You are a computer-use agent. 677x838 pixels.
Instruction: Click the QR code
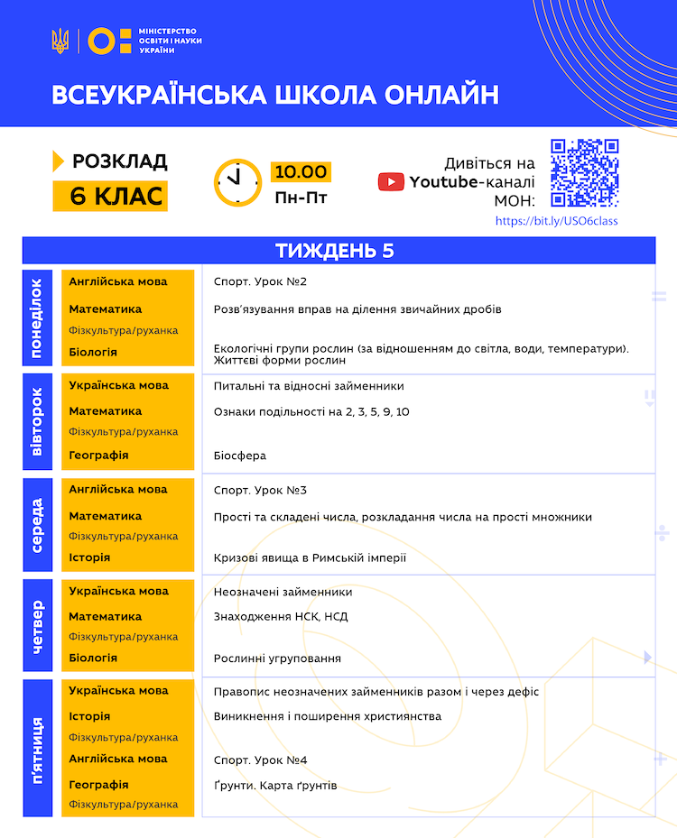(x=584, y=172)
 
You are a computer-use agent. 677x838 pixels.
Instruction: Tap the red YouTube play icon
(x=391, y=181)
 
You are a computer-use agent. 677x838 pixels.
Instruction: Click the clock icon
(x=237, y=182)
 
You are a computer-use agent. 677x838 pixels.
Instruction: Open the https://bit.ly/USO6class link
(x=557, y=221)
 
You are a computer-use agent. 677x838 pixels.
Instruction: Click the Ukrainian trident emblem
(x=60, y=41)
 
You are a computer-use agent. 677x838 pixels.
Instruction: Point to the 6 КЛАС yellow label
(x=110, y=196)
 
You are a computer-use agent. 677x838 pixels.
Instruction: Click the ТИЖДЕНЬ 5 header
(x=338, y=251)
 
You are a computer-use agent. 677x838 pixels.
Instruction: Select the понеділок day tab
(x=37, y=318)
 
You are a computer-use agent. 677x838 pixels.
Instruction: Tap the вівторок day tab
(x=37, y=422)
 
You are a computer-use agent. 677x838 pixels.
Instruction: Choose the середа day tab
(x=37, y=525)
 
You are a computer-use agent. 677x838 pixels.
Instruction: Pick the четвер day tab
(x=37, y=625)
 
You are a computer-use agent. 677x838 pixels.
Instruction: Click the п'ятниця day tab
(x=37, y=750)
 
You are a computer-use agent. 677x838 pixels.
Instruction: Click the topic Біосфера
(x=240, y=456)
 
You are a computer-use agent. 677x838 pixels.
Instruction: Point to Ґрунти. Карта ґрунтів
(x=275, y=786)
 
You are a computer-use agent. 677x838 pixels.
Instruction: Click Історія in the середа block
(x=89, y=557)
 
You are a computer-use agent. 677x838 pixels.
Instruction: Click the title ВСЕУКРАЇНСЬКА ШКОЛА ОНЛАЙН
(x=275, y=96)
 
